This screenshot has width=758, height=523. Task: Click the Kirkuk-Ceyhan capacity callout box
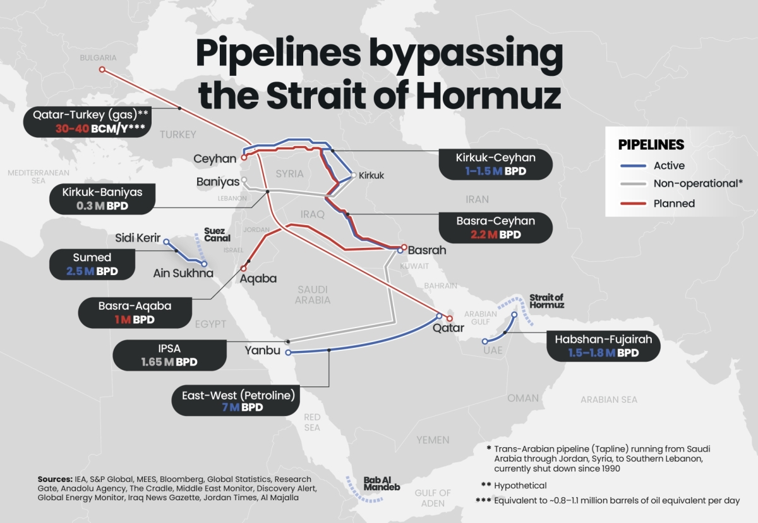[x=496, y=164]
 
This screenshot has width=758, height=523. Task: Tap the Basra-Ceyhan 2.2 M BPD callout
[x=496, y=228]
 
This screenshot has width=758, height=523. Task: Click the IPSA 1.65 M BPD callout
[x=169, y=355]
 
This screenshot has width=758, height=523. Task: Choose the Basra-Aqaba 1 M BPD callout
[x=135, y=312]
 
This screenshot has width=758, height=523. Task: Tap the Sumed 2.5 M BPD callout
[x=92, y=264]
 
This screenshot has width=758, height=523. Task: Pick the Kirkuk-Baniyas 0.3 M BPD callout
[x=102, y=199]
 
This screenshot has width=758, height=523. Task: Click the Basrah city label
[x=427, y=250]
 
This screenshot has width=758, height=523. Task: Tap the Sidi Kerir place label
[x=137, y=238]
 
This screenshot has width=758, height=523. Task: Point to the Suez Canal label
[x=217, y=235]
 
